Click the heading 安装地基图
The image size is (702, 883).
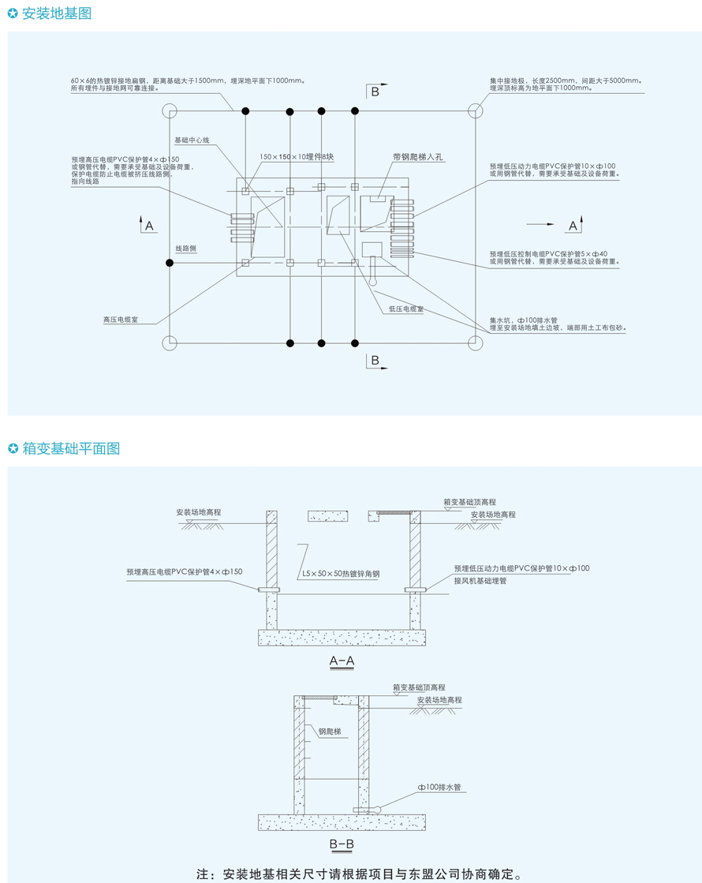point(57,13)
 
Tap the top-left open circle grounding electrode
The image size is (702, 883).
point(170,110)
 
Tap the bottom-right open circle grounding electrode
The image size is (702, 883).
point(475,342)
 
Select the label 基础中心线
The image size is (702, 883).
point(192,140)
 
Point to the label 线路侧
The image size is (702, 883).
point(185,249)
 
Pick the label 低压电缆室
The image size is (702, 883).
point(405,309)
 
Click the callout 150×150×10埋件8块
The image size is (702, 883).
point(297,158)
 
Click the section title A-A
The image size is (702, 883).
point(342,661)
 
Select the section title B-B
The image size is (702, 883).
point(342,844)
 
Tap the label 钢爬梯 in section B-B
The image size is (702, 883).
point(330,731)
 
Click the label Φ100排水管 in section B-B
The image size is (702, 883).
point(440,788)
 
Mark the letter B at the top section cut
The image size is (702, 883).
point(375,92)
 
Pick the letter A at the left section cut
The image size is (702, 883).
point(149,226)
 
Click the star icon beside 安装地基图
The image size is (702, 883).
point(13,13)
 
